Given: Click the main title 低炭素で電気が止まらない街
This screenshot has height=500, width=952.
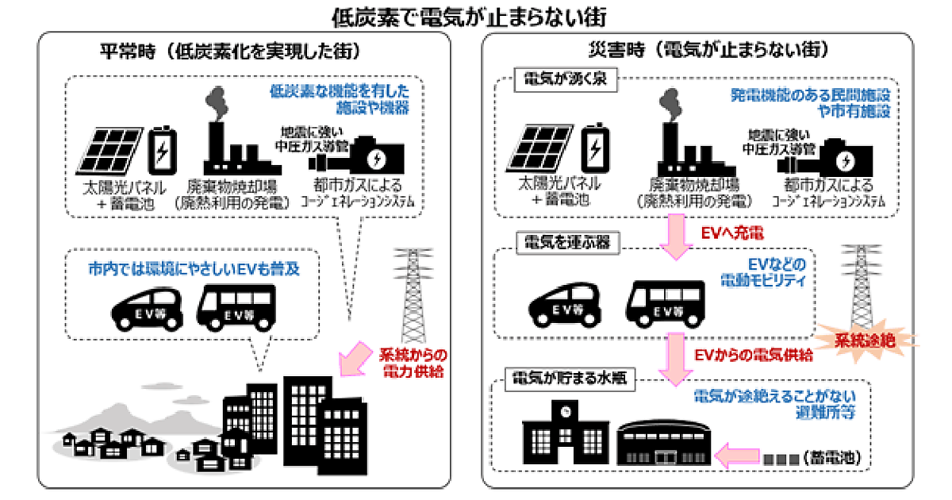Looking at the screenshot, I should [475, 16].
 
